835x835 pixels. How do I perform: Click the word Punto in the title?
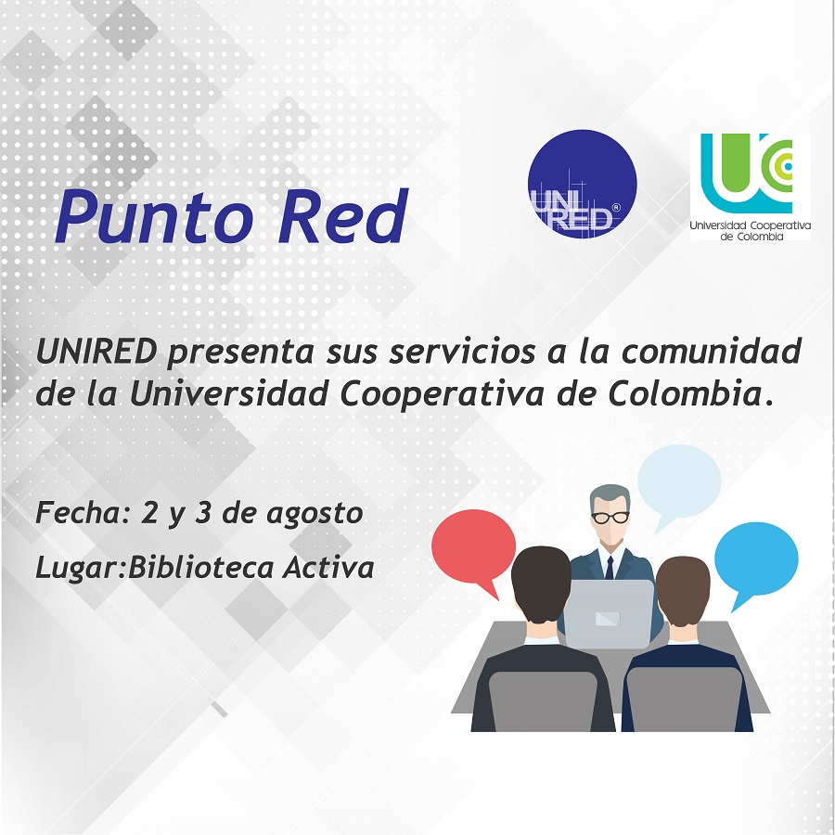point(153,218)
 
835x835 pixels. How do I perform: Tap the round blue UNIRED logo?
point(582,184)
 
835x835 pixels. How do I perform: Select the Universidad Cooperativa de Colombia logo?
point(750,186)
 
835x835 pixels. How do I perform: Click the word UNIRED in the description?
point(96,352)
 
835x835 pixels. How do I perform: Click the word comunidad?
point(712,352)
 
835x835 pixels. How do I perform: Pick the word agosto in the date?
point(315,514)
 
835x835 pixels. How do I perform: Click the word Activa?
point(328,567)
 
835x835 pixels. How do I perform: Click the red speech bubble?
point(473,549)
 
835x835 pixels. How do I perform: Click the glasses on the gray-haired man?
point(610,517)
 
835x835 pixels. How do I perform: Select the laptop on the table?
point(608,613)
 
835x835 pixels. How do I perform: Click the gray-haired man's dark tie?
point(610,568)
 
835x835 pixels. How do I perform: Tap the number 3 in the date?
point(203,513)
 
